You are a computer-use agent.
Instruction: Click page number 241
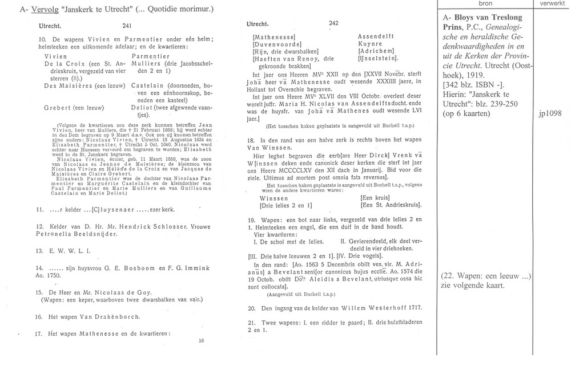tap(127, 26)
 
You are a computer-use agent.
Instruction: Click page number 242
tap(335, 23)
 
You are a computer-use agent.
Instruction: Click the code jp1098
tap(551, 113)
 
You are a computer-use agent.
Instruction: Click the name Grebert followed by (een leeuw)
tap(59, 107)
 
